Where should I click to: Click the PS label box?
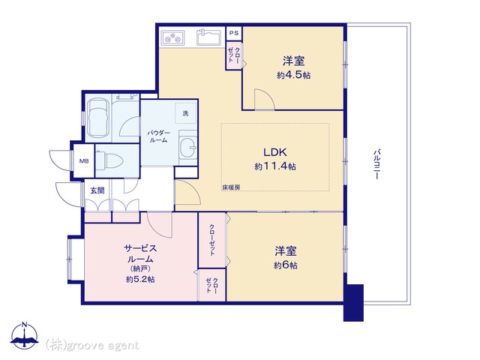coord(234,33)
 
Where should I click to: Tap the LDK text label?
coord(275,152)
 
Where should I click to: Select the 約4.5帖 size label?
coord(293,75)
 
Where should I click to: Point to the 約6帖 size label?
coord(285,265)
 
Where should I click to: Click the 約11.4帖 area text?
coord(275,166)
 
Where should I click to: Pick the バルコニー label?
coord(377,164)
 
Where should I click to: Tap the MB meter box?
coord(84,160)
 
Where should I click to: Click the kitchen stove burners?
coord(172,38)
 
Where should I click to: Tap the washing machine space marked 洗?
coord(186,113)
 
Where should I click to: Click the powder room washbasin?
coord(187,148)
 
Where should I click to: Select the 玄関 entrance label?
coord(97,190)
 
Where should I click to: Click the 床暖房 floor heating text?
coord(231,187)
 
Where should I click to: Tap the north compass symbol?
coord(25,335)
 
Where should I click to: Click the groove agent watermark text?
coord(92,345)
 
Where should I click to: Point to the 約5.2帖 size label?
coord(140,279)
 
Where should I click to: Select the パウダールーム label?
coord(158,136)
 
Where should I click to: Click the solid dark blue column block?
coord(353,303)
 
